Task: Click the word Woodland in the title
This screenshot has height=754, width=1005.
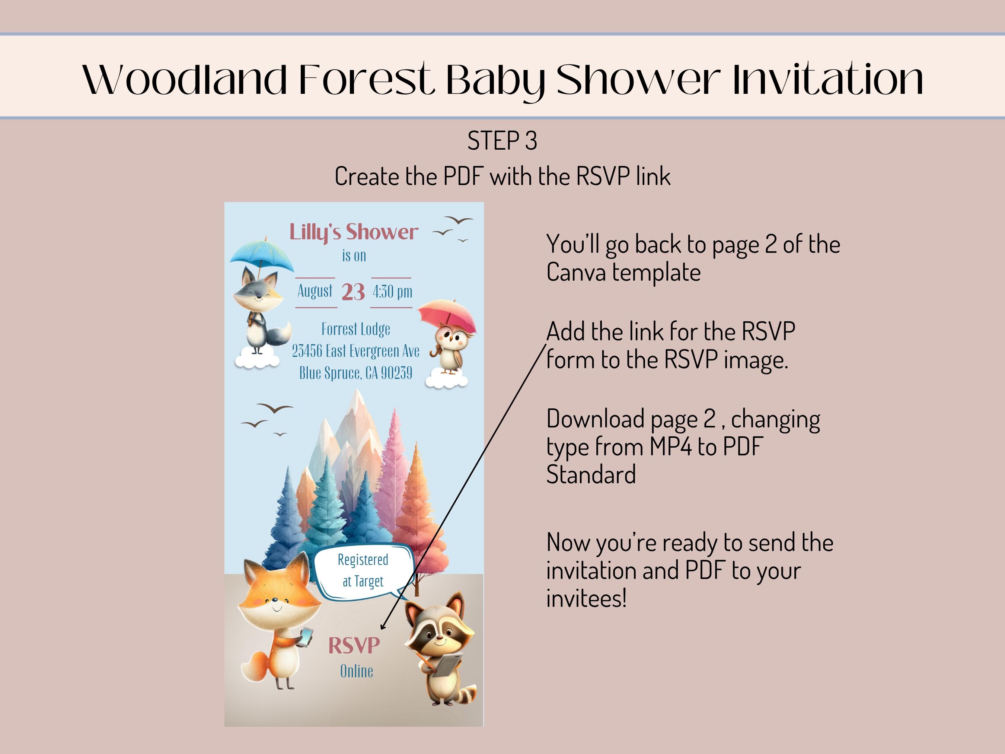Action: coord(185,80)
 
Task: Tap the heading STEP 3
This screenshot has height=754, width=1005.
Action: coord(502,140)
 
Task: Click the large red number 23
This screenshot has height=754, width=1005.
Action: coord(353,292)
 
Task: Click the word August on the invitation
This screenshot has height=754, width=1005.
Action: coord(315,291)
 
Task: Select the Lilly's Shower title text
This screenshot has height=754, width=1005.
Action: coord(354,232)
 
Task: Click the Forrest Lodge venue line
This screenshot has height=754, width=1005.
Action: coord(356,329)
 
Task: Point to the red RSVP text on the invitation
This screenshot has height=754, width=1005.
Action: coord(354,645)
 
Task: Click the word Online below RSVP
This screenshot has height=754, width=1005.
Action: coord(357,671)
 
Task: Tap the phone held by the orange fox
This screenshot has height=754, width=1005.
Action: coord(307,636)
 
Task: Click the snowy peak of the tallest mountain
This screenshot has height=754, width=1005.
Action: coord(356,402)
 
